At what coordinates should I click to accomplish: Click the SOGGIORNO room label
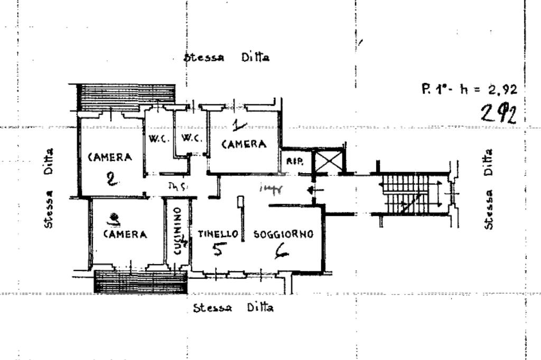click(284, 234)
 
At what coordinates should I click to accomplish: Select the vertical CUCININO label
click(178, 230)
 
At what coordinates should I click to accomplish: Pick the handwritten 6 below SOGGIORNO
click(282, 254)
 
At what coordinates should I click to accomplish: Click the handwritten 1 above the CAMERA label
click(239, 125)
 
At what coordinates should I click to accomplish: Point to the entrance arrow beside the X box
click(312, 190)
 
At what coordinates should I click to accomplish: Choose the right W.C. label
click(191, 139)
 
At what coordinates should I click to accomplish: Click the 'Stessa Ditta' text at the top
click(227, 58)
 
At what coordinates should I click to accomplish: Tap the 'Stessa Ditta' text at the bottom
click(233, 308)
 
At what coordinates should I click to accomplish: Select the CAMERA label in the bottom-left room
click(125, 234)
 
